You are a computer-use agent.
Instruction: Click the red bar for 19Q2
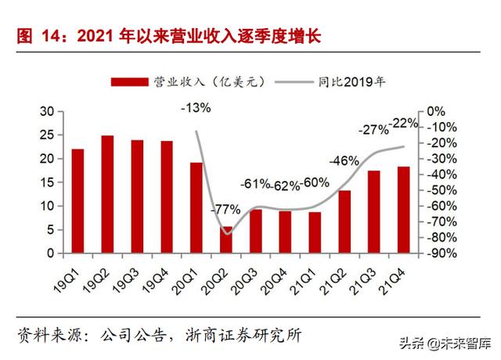tap(107, 195)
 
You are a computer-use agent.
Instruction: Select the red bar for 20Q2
tap(226, 240)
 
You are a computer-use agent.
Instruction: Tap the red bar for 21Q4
tap(403, 210)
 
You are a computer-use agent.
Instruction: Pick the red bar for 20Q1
tap(196, 208)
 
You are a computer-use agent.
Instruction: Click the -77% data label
tap(225, 210)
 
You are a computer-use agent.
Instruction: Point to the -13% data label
tap(195, 108)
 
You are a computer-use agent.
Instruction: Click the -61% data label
tap(255, 185)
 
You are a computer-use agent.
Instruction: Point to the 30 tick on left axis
tap(47, 112)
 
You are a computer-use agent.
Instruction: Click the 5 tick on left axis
tap(50, 230)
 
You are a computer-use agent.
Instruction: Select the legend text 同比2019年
tap(352, 81)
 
